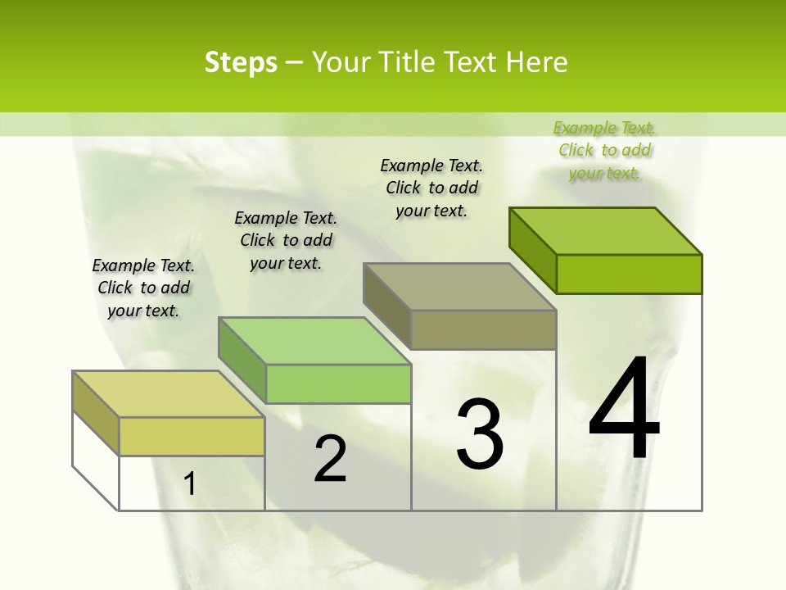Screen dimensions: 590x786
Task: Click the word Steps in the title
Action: point(241,62)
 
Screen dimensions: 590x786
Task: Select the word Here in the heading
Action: point(536,62)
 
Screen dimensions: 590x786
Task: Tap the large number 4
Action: point(624,410)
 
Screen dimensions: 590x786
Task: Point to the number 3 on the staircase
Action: point(480,434)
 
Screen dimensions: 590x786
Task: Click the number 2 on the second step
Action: point(330,460)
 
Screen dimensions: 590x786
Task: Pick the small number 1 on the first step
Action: point(189,484)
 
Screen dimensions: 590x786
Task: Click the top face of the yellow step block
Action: point(169,394)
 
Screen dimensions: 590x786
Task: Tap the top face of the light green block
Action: point(314,341)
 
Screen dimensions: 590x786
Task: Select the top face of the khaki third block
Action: point(459,287)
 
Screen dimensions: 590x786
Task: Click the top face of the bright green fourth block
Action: point(605,231)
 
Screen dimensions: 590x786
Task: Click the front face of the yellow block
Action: point(192,436)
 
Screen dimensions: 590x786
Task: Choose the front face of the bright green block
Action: point(629,274)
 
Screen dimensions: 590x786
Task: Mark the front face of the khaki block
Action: point(483,329)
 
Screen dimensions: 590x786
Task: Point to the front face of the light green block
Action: point(338,383)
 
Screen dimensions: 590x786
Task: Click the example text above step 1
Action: point(143,288)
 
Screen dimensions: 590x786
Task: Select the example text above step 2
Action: point(286,240)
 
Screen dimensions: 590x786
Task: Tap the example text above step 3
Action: point(431,188)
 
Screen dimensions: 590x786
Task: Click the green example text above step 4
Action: point(604,150)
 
